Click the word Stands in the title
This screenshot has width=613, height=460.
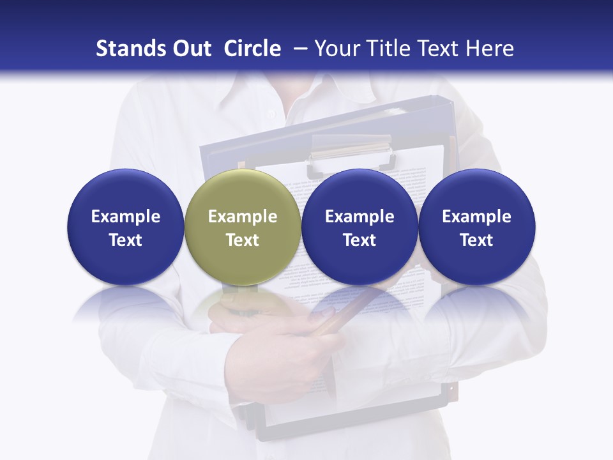point(125,49)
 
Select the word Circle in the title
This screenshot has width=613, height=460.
point(252,49)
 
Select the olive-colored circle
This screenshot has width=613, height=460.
point(242,227)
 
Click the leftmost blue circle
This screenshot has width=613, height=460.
point(125,227)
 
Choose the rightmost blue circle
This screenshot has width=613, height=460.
point(476,227)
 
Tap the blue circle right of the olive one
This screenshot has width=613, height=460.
point(359,227)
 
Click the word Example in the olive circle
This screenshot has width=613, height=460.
point(242,217)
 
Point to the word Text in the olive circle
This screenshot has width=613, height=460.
point(242,240)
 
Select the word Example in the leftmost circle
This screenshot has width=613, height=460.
point(125,217)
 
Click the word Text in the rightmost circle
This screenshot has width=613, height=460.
point(476,240)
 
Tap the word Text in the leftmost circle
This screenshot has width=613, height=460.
point(125,240)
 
